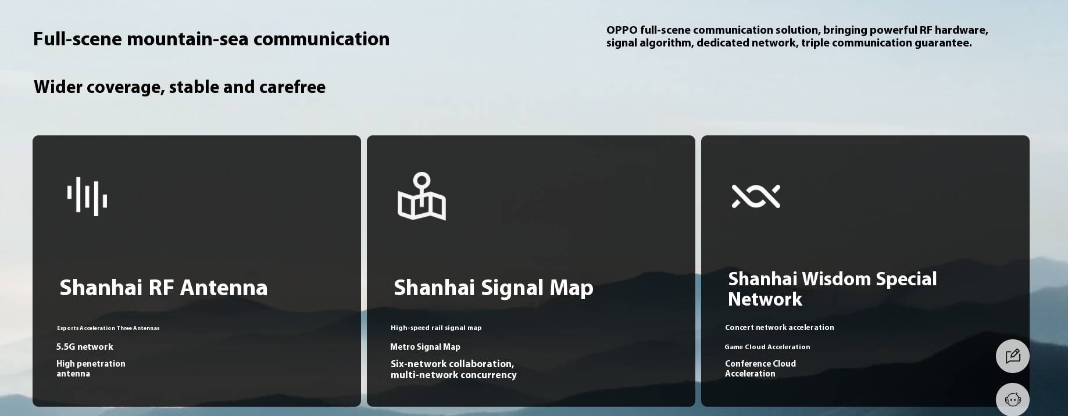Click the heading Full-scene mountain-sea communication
(211, 39)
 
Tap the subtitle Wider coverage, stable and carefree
(180, 87)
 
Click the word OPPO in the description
(621, 30)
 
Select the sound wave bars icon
(87, 196)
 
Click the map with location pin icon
(422, 196)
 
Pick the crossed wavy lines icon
(756, 196)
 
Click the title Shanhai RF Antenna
(163, 288)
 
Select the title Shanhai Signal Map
(494, 288)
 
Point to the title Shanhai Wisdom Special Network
(833, 289)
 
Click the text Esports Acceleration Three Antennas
(108, 328)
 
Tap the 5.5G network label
(85, 347)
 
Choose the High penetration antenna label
(91, 368)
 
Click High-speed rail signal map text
(436, 328)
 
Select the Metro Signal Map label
(425, 347)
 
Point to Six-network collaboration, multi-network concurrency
(453, 370)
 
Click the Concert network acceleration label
(780, 328)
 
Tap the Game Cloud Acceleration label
(767, 347)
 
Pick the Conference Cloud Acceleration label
(760, 368)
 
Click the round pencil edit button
(1013, 356)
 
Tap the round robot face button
(1013, 399)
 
